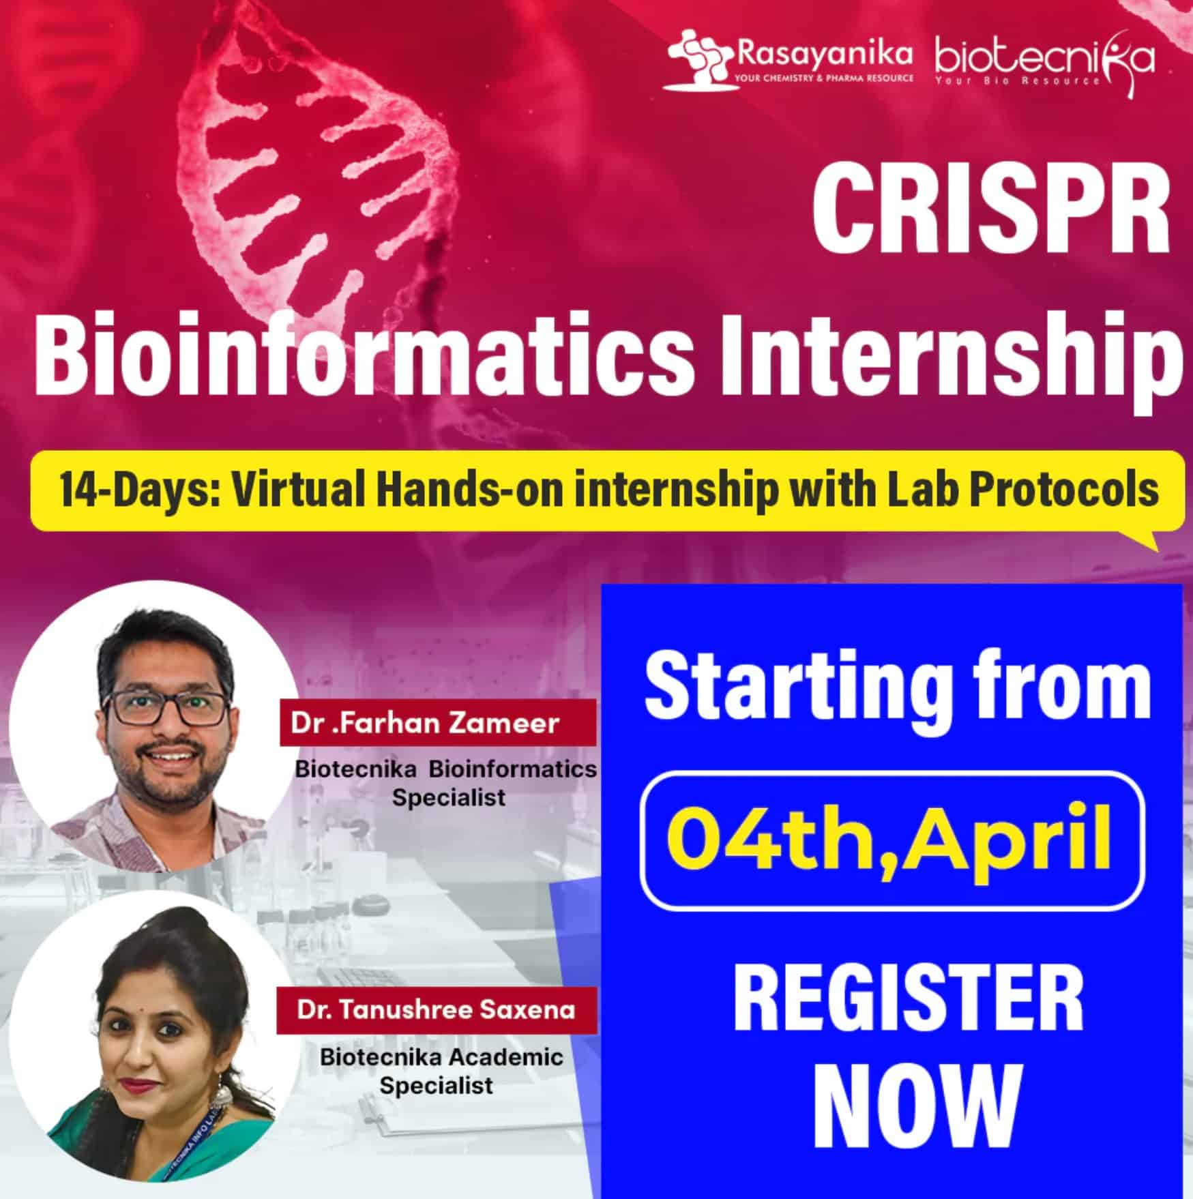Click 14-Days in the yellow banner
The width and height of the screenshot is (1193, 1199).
pyautogui.click(x=139, y=490)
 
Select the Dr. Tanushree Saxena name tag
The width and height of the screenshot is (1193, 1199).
pyautogui.click(x=437, y=1009)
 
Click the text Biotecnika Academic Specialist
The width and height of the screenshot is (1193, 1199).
pyautogui.click(x=441, y=1071)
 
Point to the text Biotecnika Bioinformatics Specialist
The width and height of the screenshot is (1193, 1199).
pyautogui.click(x=446, y=783)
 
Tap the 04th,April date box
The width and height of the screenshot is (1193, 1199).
pyautogui.click(x=893, y=842)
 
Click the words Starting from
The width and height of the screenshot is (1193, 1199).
pyautogui.click(x=897, y=690)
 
